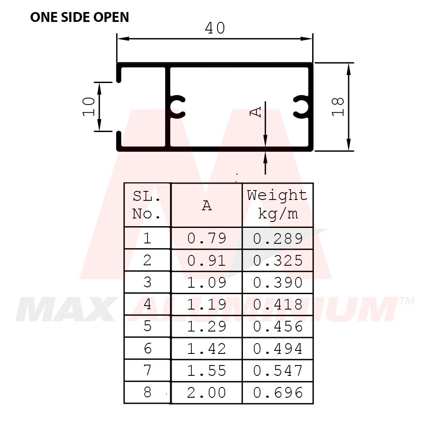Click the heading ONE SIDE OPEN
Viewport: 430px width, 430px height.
[x=80, y=17]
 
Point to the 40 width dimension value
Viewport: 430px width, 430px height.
[x=215, y=28]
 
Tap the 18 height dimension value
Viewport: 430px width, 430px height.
[x=338, y=107]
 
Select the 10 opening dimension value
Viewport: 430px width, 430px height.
[x=89, y=106]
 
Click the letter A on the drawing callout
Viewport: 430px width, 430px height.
[x=256, y=111]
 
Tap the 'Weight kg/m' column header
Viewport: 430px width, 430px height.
[x=277, y=204]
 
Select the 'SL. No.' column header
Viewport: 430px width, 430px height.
[x=147, y=205]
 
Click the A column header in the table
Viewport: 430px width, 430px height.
[x=207, y=206]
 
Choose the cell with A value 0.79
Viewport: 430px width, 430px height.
[x=207, y=238]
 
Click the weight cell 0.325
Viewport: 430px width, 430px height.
[x=278, y=261]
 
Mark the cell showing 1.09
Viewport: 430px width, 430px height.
[x=207, y=283]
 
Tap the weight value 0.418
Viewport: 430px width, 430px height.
[x=278, y=304]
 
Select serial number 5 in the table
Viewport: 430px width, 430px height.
[x=147, y=326]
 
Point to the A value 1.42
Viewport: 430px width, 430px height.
[x=207, y=349]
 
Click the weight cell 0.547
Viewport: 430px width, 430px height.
[x=278, y=371]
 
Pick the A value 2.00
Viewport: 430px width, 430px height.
[x=207, y=393]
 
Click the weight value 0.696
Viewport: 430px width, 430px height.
[x=278, y=393]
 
